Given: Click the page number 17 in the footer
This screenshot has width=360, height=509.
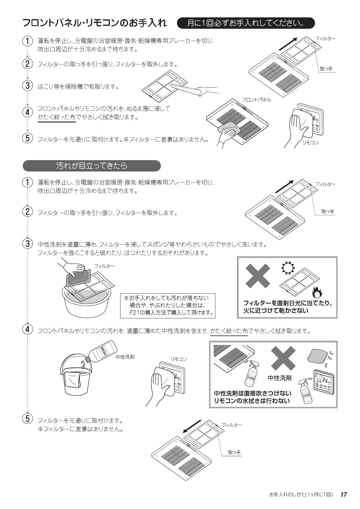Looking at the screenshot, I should (343, 495).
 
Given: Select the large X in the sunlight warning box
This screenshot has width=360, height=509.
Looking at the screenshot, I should (258, 275).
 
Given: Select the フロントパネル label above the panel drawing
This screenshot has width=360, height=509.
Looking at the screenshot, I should (257, 100).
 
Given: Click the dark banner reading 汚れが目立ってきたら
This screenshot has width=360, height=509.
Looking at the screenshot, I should (92, 166).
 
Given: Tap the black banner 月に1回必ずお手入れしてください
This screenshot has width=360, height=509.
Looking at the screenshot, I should (246, 23).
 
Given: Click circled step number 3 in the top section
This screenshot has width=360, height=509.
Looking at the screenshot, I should (27, 86).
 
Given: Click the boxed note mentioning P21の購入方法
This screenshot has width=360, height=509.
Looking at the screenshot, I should (168, 306).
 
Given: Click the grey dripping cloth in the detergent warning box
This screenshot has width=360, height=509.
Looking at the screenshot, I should (318, 356).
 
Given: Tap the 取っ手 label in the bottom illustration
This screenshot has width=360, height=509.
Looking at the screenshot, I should (234, 452).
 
